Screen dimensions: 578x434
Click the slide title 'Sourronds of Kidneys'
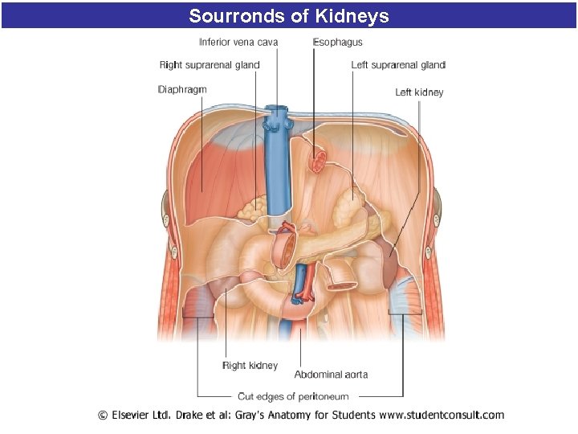click(x=289, y=15)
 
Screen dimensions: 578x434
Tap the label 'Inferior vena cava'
click(x=238, y=42)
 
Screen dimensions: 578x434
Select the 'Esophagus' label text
click(x=337, y=42)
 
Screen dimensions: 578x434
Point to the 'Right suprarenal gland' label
click(x=210, y=65)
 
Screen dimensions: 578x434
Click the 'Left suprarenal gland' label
click(x=398, y=65)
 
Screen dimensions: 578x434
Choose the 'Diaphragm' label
click(x=182, y=89)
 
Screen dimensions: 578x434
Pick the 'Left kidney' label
click(x=419, y=92)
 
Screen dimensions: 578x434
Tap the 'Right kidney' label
click(x=250, y=366)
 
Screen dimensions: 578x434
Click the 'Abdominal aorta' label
click(x=331, y=375)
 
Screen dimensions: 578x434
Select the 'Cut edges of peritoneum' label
click(x=293, y=396)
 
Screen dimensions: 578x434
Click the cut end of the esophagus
click(x=318, y=162)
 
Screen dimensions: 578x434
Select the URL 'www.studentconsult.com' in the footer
click(x=442, y=416)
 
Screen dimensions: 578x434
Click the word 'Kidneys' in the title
click(x=352, y=15)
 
